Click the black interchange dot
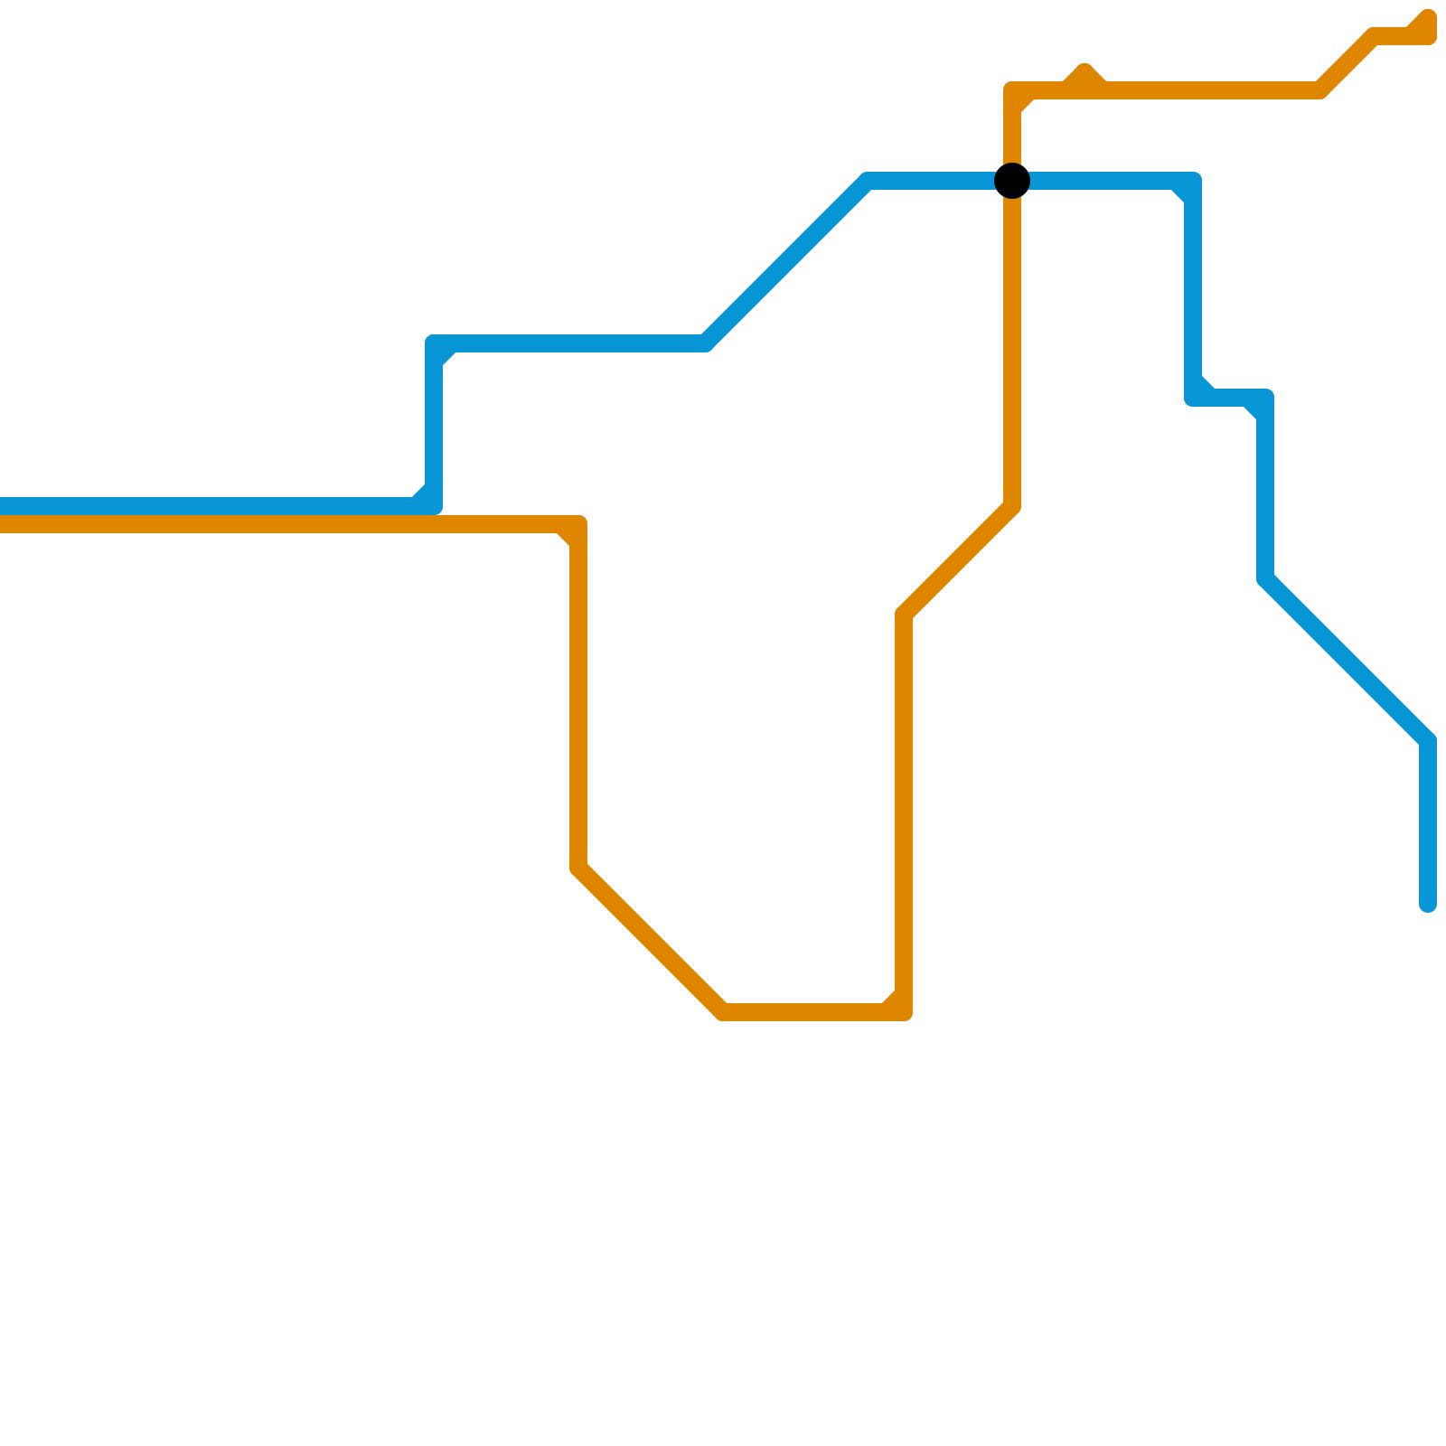pos(1012,181)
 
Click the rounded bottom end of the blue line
pos(1428,904)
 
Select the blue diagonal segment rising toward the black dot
pos(786,262)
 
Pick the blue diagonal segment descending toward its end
pos(1347,660)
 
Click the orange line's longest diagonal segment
pos(651,940)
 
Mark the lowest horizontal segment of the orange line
pos(813,1012)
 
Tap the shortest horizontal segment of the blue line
pos(1229,398)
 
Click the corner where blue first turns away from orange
pos(434,506)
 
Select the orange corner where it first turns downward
pos(578,524)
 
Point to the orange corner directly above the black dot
pos(1012,90)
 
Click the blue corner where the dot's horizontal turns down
pos(1193,181)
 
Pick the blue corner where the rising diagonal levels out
pos(868,181)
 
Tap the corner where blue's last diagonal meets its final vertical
pos(1428,741)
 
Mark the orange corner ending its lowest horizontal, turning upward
pos(904,1012)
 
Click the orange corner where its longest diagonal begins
pos(578,868)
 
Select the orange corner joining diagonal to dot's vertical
pos(1012,506)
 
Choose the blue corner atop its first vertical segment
pos(434,343)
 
